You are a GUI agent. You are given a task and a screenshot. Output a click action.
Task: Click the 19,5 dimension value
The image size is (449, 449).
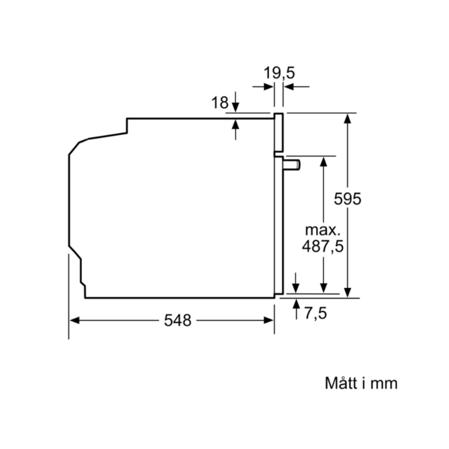(x=279, y=73)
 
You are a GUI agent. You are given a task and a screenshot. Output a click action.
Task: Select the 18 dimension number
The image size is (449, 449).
(x=219, y=103)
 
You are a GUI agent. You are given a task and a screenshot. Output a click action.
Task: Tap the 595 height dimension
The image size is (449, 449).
(x=347, y=199)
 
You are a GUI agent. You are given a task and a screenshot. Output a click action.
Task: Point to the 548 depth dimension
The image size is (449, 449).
(x=177, y=320)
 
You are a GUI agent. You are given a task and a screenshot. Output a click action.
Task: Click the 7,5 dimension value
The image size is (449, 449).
(x=315, y=313)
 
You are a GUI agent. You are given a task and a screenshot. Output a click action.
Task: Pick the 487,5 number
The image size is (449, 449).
(x=322, y=246)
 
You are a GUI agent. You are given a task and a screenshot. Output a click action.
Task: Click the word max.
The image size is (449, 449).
(x=322, y=230)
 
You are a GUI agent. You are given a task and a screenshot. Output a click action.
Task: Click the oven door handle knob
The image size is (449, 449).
(x=292, y=165)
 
